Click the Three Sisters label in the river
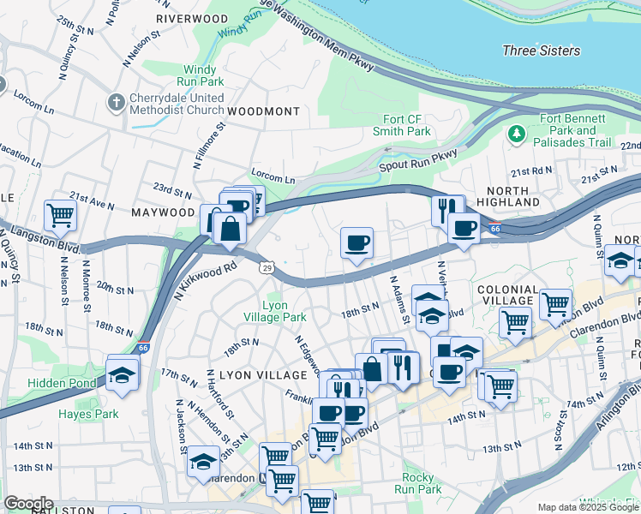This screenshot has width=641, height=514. pyautogui.click(x=541, y=51)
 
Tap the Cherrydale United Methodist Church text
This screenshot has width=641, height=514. pyautogui.click(x=177, y=104)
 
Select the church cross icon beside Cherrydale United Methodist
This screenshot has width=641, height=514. pyautogui.click(x=117, y=103)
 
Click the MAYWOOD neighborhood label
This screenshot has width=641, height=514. pyautogui.click(x=163, y=212)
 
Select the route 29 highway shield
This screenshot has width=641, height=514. pyautogui.click(x=268, y=269)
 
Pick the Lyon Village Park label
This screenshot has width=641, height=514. pyautogui.click(x=285, y=311)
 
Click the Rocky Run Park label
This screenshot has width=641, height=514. pyautogui.click(x=422, y=483)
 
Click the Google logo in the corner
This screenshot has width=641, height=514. pyautogui.click(x=27, y=504)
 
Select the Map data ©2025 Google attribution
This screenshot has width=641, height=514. pyautogui.click(x=588, y=507)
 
